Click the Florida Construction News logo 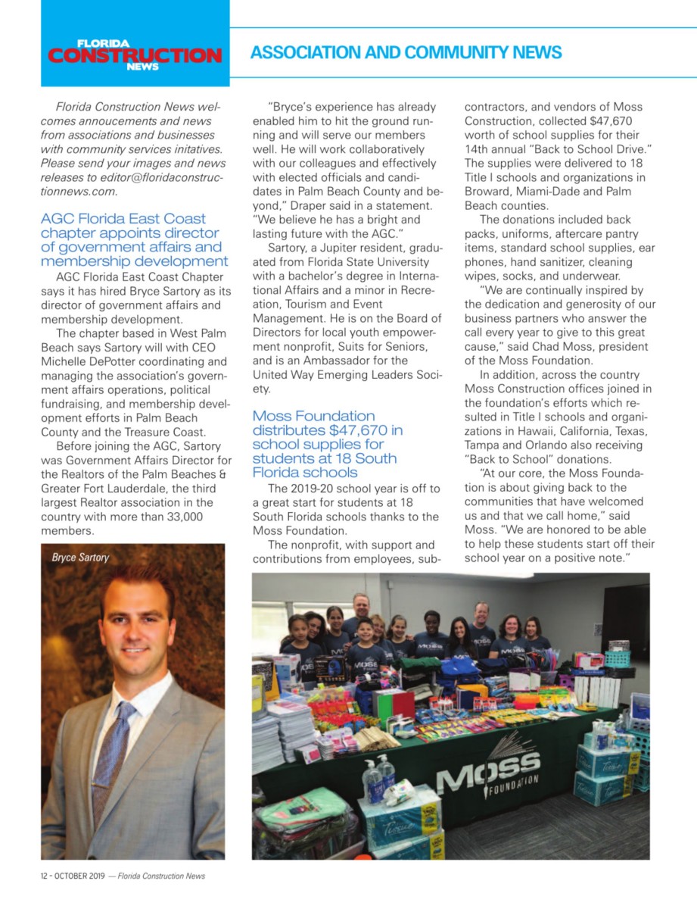click(x=135, y=54)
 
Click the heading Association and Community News click(x=406, y=52)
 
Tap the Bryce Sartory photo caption click(x=80, y=558)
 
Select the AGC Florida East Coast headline click(x=134, y=240)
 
